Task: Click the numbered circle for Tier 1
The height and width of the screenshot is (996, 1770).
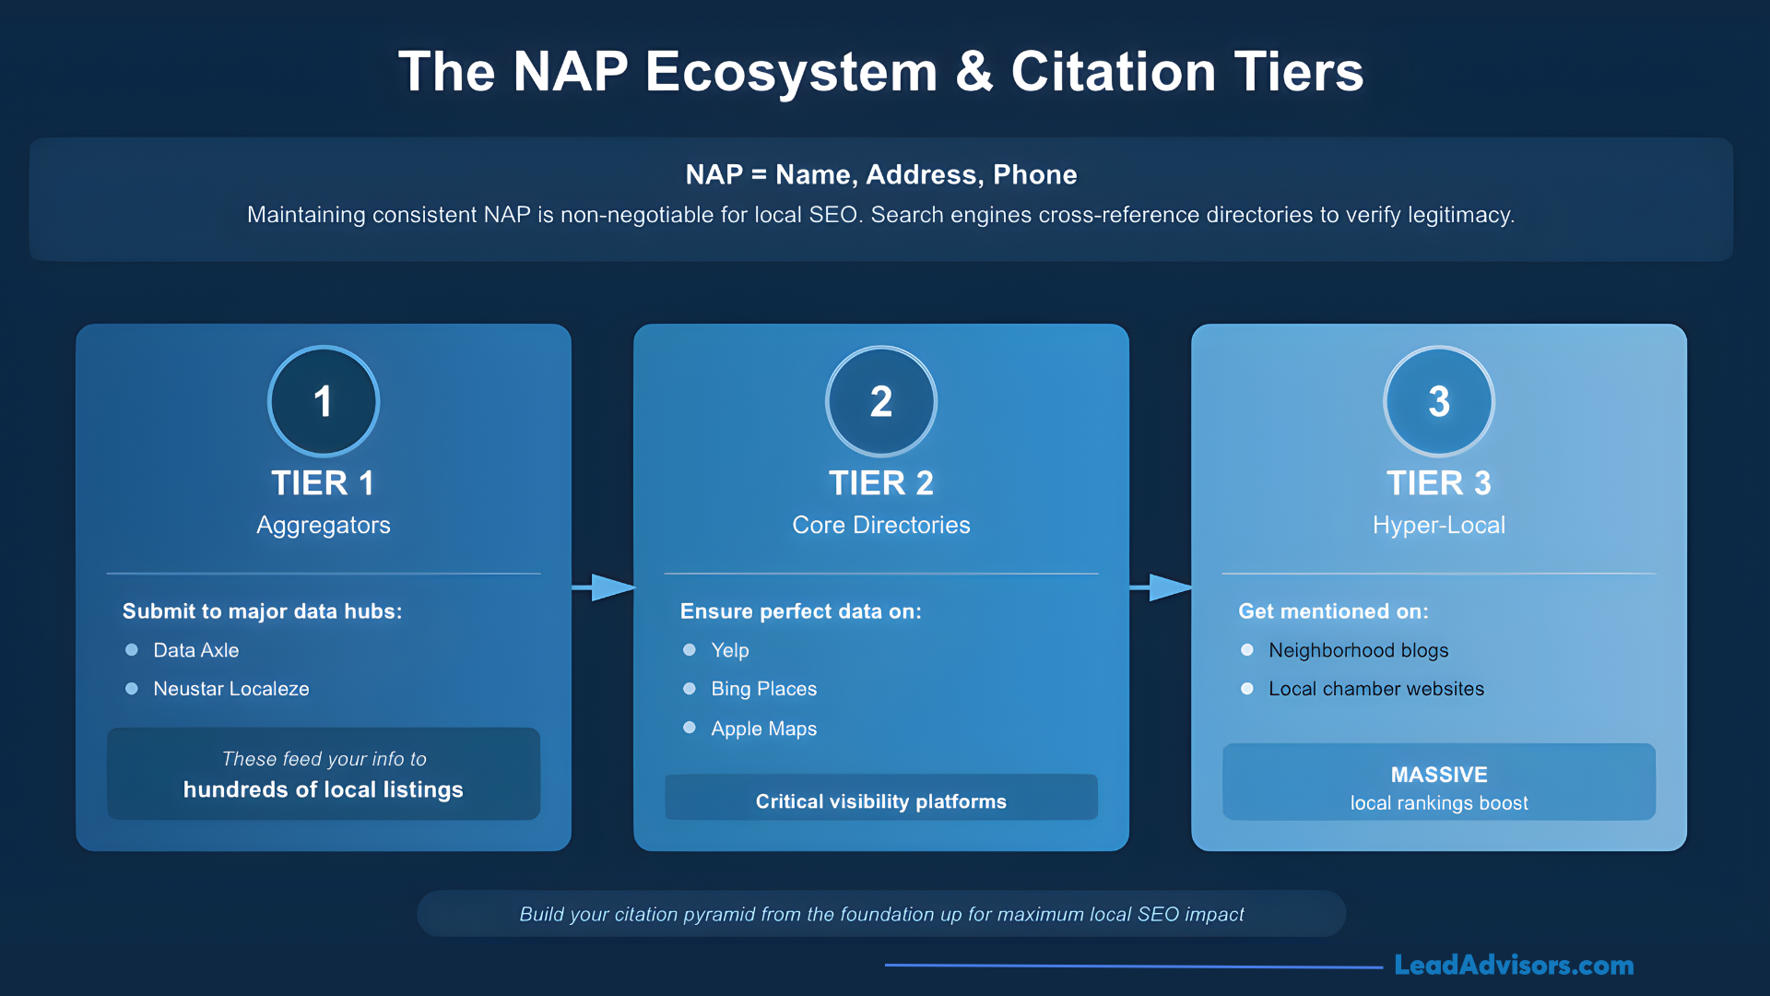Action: (x=323, y=401)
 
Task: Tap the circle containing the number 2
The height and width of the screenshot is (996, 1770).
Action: (x=880, y=401)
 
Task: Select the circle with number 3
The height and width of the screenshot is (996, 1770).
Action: (x=1438, y=401)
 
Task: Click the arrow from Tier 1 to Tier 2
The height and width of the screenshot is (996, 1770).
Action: (x=604, y=587)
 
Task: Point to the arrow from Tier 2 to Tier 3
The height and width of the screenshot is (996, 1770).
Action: (x=1161, y=587)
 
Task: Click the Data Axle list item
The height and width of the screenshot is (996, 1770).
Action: (x=195, y=650)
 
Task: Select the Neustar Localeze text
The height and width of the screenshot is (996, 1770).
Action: (x=230, y=689)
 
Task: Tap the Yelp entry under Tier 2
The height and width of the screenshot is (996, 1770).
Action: (x=729, y=650)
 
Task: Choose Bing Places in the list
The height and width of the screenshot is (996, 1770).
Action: (x=763, y=689)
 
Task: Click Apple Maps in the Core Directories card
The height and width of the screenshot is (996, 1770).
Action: (x=763, y=729)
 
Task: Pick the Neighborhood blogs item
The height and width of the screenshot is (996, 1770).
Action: (x=1358, y=650)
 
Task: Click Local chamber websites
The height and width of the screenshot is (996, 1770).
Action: (x=1375, y=689)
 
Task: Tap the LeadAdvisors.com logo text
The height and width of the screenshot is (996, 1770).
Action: (x=1513, y=965)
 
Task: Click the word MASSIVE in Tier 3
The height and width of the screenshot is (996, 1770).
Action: (x=1438, y=775)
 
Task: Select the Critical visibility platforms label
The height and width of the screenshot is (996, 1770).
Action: (x=880, y=801)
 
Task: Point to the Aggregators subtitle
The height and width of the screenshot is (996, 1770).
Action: (x=323, y=525)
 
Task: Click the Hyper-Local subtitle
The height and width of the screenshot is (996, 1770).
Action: (x=1438, y=525)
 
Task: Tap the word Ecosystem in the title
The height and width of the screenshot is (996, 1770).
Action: (x=791, y=72)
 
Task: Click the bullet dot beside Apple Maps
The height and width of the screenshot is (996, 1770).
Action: (x=690, y=728)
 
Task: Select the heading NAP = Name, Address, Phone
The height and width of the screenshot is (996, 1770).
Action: (x=880, y=174)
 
